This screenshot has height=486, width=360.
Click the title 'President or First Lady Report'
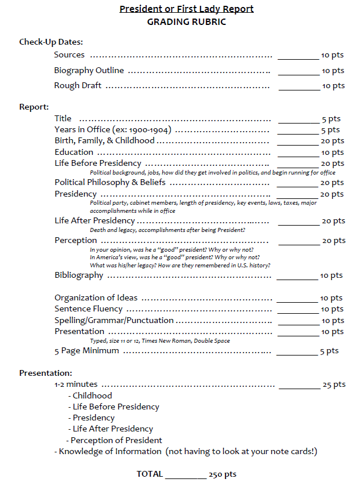(x=186, y=9)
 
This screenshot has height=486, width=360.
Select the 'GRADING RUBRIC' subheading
(x=186, y=22)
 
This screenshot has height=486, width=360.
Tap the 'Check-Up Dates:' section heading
(x=51, y=42)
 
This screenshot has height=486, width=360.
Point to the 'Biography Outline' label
(x=89, y=70)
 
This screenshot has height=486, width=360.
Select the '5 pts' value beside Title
(x=331, y=119)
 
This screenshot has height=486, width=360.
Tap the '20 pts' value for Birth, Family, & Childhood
(x=332, y=141)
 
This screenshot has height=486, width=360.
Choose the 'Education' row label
(x=74, y=152)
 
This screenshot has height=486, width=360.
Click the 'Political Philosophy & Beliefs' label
(x=110, y=182)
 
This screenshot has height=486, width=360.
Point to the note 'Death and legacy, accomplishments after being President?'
(x=168, y=230)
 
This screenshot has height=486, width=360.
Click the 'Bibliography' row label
(x=79, y=275)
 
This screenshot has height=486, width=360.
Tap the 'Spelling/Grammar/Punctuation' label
(x=114, y=320)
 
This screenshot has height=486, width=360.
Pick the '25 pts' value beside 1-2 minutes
(x=334, y=385)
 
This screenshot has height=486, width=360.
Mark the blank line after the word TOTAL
(x=186, y=477)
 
